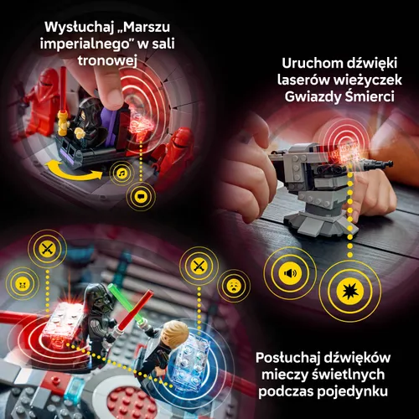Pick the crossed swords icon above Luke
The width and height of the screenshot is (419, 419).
tap(199, 266)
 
